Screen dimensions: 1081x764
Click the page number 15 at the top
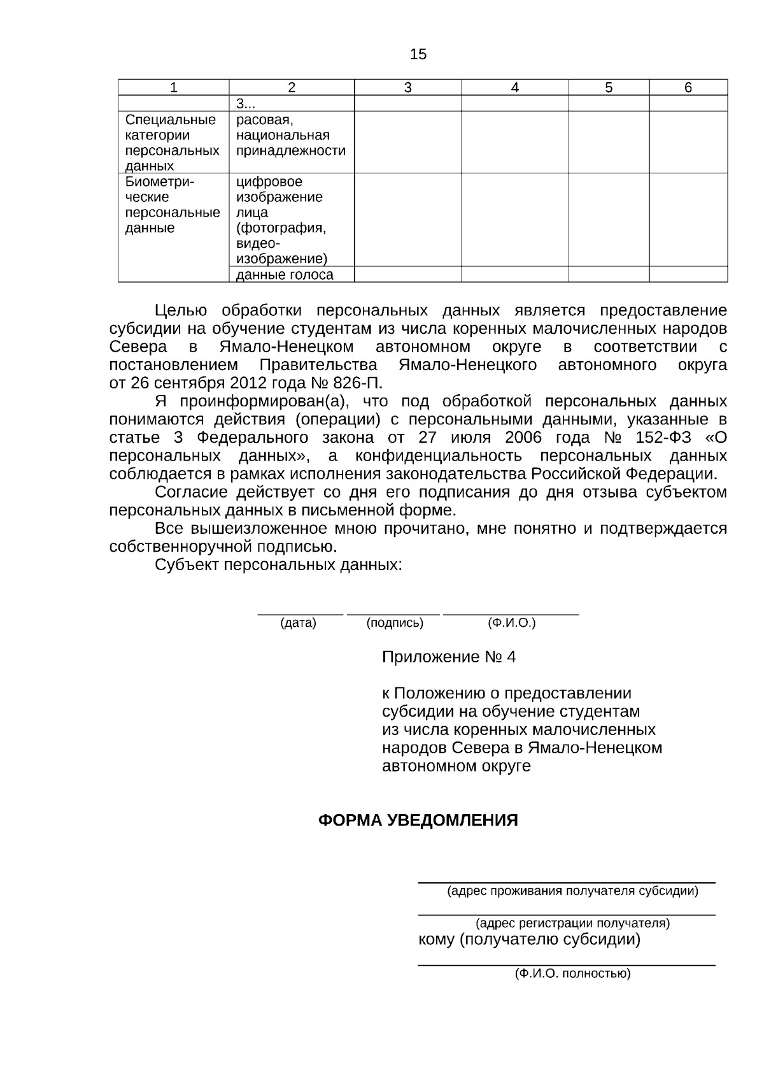418,54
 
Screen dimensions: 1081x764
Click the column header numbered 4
514,88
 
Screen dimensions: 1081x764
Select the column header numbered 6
688,88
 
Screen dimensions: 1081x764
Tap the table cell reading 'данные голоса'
285,275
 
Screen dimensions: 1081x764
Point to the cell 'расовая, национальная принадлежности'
290,136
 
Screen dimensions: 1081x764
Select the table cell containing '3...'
246,104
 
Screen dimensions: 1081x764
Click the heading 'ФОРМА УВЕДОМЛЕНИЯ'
418,820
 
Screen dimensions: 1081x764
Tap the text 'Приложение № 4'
448,657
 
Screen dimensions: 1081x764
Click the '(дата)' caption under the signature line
298,623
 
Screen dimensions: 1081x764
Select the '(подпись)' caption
395,623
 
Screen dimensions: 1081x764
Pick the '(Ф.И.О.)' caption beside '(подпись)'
511,623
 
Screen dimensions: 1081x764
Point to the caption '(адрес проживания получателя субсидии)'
572,891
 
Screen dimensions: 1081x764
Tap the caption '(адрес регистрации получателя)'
572,923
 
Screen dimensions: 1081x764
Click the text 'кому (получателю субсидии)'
529,940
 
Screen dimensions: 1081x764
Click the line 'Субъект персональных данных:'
278,565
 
